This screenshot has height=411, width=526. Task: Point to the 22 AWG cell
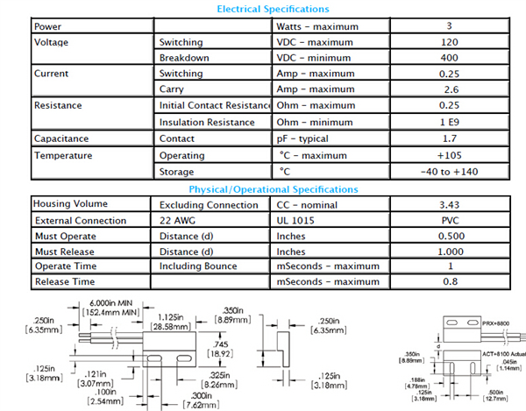point(180,221)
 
